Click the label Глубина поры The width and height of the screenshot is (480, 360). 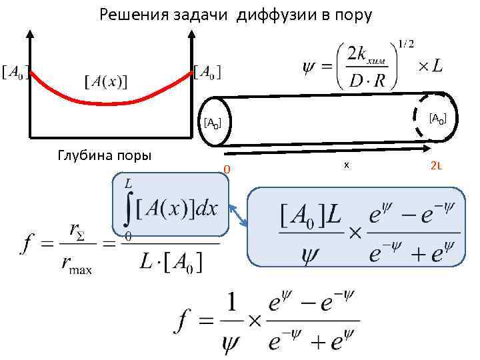click(105, 155)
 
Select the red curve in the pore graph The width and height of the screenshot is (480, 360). click(111, 102)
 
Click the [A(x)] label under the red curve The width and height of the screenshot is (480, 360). click(107, 81)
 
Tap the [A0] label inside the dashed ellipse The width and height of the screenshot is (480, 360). click(437, 119)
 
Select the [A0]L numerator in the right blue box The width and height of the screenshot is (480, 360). click(308, 216)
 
